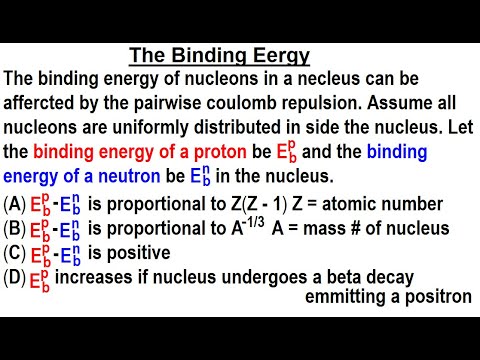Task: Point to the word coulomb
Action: tap(261, 103)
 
